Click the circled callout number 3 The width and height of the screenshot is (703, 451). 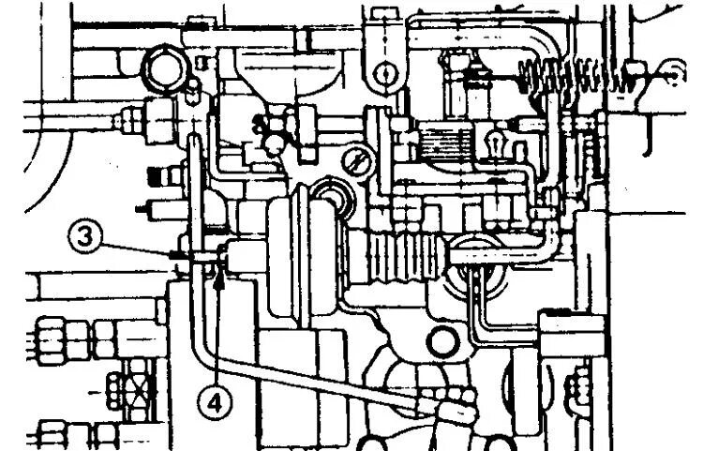point(84,235)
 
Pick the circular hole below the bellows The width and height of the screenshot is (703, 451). point(440,338)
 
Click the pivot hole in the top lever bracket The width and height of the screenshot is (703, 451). point(381,72)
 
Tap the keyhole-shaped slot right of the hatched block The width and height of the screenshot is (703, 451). point(494,143)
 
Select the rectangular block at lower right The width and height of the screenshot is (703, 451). point(573,338)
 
